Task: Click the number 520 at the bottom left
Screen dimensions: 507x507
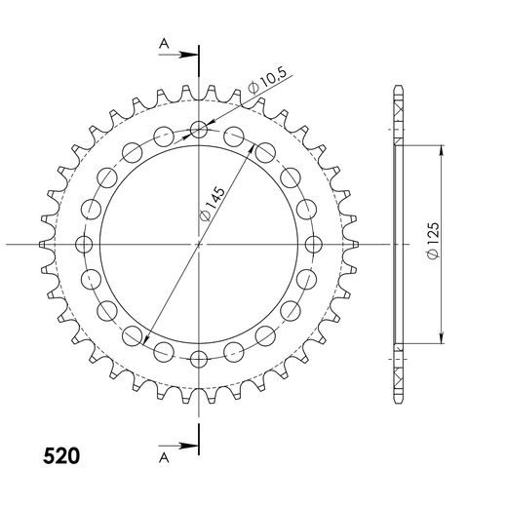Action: coord(61,455)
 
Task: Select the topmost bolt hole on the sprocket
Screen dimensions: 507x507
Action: coord(199,129)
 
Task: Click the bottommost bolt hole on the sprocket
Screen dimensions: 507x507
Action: coord(199,359)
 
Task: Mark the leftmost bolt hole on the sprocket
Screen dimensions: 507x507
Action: coord(84,244)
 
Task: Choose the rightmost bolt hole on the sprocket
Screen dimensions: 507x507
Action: coord(314,244)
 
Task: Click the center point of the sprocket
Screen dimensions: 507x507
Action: coord(199,244)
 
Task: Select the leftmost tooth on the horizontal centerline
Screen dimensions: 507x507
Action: coord(44,244)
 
